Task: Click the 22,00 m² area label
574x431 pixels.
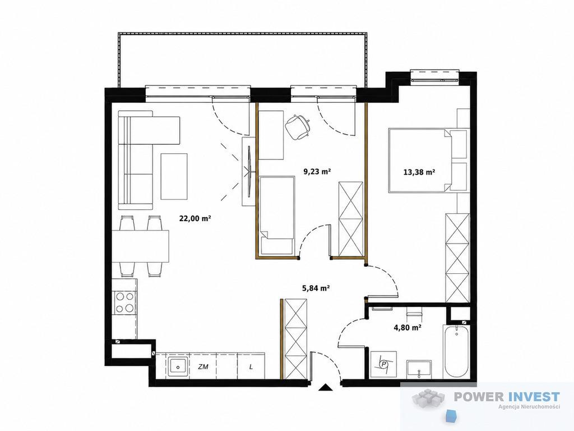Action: pyautogui.click(x=195, y=219)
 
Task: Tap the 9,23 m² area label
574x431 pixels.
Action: pyautogui.click(x=317, y=171)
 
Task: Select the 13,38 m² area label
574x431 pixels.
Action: pyautogui.click(x=419, y=172)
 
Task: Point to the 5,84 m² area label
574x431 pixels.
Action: pyautogui.click(x=316, y=288)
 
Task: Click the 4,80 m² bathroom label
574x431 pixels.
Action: pyautogui.click(x=407, y=327)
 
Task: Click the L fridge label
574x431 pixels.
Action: pyautogui.click(x=251, y=366)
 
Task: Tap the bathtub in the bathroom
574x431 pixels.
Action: pyautogui.click(x=456, y=351)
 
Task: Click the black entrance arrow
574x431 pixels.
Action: pyautogui.click(x=325, y=388)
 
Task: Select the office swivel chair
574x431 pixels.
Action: pyautogui.click(x=297, y=127)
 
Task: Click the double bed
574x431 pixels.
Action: pyautogui.click(x=428, y=160)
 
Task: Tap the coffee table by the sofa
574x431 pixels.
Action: pyautogui.click(x=174, y=176)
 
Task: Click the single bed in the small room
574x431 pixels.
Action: pyautogui.click(x=277, y=215)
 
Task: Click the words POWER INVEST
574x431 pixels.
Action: pyautogui.click(x=507, y=397)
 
